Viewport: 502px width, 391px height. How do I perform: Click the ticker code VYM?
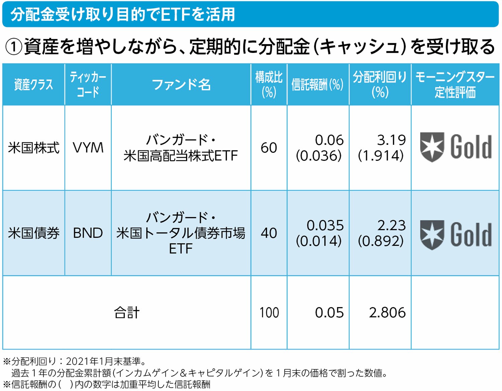[88, 148]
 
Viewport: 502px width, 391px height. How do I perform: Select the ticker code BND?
[88, 233]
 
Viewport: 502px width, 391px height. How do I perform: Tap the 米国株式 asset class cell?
[33, 148]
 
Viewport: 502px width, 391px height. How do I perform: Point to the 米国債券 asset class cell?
[33, 233]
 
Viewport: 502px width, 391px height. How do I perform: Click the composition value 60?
[269, 148]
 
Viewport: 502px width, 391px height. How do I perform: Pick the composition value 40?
[269, 233]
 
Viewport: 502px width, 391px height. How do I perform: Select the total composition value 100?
[269, 313]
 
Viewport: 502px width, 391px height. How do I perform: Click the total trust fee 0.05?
[329, 313]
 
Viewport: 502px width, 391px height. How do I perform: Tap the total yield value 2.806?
[387, 313]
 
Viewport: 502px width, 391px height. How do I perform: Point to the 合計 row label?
[127, 313]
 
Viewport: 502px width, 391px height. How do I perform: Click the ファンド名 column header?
[181, 85]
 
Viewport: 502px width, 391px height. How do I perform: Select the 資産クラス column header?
[33, 85]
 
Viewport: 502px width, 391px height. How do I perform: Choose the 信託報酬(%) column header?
[318, 85]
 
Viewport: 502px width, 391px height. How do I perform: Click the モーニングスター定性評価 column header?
[455, 85]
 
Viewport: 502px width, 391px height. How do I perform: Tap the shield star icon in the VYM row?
[432, 147]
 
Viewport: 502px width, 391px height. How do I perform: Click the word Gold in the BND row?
[471, 235]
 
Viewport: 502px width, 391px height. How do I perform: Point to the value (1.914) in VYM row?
[381, 156]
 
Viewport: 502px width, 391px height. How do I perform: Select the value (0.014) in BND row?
[319, 241]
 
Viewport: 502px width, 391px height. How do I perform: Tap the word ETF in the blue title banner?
[176, 14]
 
